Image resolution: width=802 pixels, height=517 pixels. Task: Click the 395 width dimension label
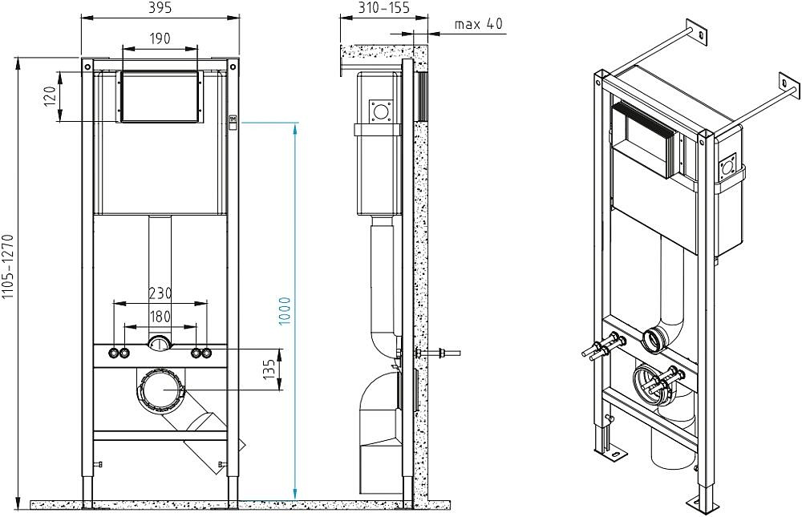tap(160, 8)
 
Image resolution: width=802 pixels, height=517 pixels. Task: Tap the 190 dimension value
tap(160, 38)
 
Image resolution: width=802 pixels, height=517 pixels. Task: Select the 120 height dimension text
tap(50, 96)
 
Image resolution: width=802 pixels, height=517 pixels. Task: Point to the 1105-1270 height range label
tap(7, 266)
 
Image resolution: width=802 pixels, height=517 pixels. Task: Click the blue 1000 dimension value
tap(285, 310)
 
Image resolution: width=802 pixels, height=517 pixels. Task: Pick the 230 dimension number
tap(160, 293)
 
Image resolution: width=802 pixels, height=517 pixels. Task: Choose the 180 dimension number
tap(160, 317)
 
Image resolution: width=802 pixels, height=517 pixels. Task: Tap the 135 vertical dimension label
tap(269, 370)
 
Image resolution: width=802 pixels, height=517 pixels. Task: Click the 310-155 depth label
tap(383, 8)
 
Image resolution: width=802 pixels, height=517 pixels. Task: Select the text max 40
tap(479, 23)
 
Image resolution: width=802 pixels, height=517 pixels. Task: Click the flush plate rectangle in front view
tap(160, 97)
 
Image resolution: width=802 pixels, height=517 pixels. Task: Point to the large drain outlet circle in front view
tap(162, 390)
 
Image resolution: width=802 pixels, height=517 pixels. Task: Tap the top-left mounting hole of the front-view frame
tap(88, 66)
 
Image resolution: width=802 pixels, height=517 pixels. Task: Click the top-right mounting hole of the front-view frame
tap(233, 66)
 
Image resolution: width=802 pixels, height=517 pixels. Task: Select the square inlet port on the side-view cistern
tap(382, 111)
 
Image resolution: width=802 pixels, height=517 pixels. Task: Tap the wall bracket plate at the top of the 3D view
tap(697, 32)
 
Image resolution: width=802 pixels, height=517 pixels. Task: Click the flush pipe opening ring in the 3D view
tap(654, 341)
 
